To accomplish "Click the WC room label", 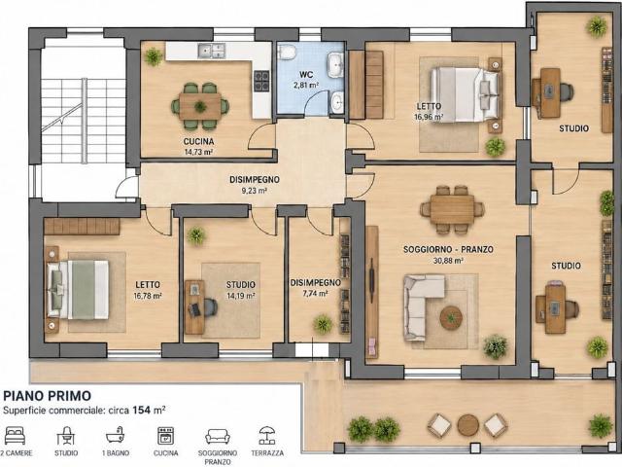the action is click(x=306, y=74).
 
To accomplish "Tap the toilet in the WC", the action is click(x=287, y=52).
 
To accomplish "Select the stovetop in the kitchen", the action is click(x=261, y=81).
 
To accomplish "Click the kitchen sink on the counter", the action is click(x=212, y=51).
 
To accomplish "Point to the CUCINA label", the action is click(x=198, y=141).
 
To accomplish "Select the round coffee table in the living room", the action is click(x=451, y=317).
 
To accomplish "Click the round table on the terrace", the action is click(x=468, y=425).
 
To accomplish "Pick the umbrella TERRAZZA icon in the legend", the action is click(x=267, y=436).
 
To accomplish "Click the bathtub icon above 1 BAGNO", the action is click(x=116, y=436).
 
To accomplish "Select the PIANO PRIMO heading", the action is click(x=48, y=396).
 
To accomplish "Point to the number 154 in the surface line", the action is click(x=141, y=410).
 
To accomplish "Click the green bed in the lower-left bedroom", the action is click(x=78, y=289).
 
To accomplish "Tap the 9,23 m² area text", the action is click(x=255, y=191).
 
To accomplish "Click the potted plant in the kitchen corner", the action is click(x=154, y=56).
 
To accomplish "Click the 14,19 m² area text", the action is click(x=241, y=296).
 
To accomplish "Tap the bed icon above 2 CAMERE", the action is click(x=16, y=436).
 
